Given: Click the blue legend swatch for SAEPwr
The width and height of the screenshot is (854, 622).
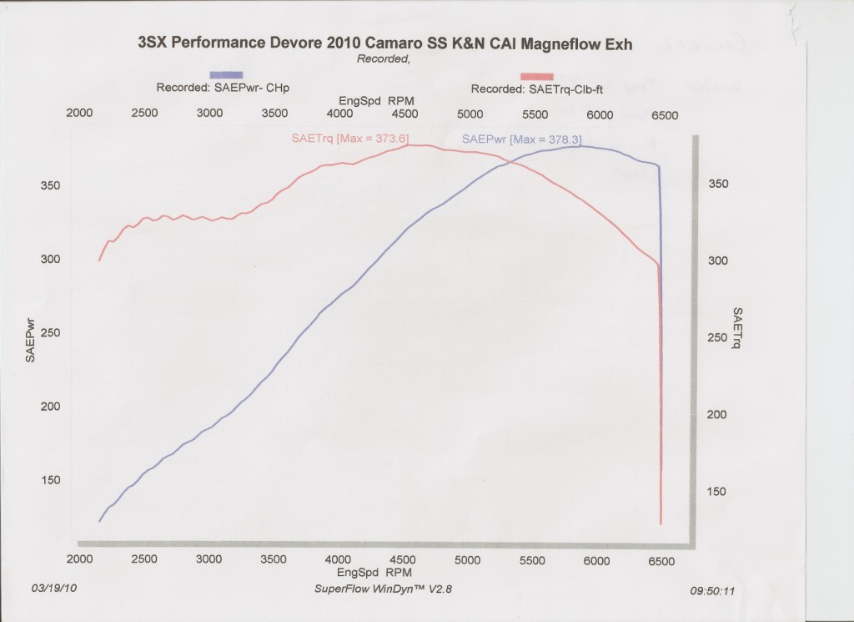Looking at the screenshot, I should (226, 75).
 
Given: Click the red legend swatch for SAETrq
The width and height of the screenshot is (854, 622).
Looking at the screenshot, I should (535, 76).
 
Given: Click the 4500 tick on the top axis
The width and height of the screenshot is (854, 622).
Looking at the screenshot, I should (404, 114).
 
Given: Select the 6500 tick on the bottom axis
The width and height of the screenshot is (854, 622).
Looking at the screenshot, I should (661, 561).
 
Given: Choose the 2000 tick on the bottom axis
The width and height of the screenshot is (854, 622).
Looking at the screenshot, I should (79, 561).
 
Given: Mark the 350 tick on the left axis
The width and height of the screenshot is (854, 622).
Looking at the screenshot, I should (50, 186).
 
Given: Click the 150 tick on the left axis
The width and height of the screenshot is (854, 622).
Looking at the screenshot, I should (50, 480).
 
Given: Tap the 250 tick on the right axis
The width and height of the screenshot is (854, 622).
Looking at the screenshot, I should (718, 337).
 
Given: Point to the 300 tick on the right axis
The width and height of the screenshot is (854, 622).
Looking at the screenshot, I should (718, 260).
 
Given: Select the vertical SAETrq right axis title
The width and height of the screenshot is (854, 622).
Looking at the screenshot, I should (738, 327).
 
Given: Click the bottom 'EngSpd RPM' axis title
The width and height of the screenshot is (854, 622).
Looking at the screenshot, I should (370, 574).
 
